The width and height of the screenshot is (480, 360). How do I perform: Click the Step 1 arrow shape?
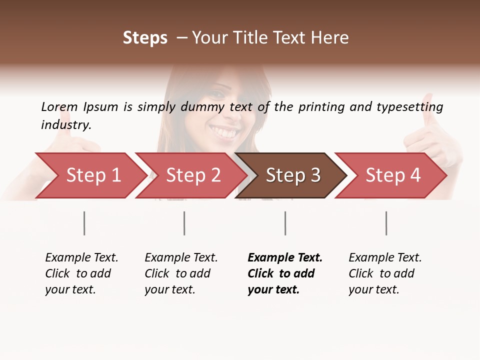click(90, 175)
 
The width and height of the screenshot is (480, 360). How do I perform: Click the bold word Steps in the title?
click(145, 38)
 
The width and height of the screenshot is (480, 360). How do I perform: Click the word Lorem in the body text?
click(59, 106)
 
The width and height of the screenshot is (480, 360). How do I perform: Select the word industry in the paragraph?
click(66, 125)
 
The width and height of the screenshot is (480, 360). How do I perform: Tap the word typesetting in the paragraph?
click(409, 106)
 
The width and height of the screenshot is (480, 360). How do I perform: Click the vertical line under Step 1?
click(84, 223)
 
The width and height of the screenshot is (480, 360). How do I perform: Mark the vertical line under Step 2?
click(184, 223)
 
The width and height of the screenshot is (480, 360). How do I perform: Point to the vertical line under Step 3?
click(285, 223)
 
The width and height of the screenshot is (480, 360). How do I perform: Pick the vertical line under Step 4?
click(386, 223)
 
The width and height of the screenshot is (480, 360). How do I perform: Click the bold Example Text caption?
click(285, 257)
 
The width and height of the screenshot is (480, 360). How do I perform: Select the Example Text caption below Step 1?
click(81, 257)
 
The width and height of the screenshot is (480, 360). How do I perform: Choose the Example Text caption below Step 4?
click(385, 257)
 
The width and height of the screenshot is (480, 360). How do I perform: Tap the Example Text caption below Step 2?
click(181, 257)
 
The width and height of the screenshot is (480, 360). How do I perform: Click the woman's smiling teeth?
click(224, 133)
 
